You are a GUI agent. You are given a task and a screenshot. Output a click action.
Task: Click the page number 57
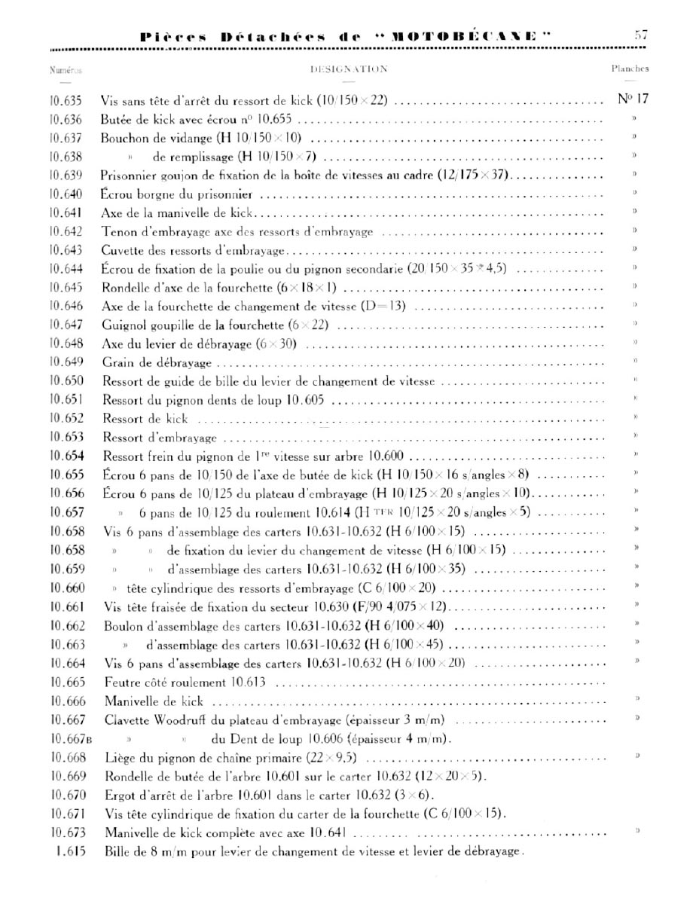[x=641, y=35]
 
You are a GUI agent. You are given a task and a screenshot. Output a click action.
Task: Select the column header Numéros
[x=65, y=69]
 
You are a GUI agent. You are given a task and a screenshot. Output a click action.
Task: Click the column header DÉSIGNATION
[x=349, y=69]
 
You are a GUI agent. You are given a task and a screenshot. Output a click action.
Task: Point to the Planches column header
[x=630, y=69]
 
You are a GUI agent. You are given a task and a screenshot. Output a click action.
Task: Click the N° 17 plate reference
[x=633, y=99]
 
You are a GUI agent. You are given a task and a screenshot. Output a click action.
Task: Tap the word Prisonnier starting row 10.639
[x=129, y=175]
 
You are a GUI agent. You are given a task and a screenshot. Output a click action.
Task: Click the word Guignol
[x=123, y=325]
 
